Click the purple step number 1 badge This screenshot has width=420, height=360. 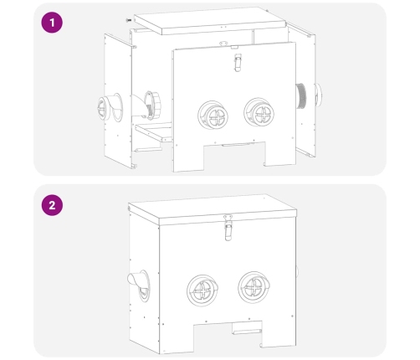coord(52,23)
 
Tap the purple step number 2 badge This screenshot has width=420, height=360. coord(52,205)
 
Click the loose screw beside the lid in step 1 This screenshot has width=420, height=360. coord(129,20)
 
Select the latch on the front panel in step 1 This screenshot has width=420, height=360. coord(238,63)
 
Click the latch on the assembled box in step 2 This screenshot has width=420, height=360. coord(228,227)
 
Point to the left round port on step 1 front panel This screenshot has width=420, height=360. coord(213,115)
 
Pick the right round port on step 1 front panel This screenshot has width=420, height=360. coord(259,112)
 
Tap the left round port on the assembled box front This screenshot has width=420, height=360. coord(202,291)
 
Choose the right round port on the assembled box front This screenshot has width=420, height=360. coord(254,287)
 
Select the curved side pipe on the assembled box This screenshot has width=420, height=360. coord(138,285)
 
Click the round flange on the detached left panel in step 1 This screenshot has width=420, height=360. coord(110,108)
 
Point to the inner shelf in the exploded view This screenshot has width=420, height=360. coord(153,131)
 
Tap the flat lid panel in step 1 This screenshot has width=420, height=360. coord(210,21)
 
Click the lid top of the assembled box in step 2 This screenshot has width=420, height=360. coord(213,209)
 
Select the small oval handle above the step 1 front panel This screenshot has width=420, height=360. coord(223,44)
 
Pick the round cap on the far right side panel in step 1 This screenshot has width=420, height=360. coord(318,94)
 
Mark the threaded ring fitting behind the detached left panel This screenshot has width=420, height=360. coord(152,105)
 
